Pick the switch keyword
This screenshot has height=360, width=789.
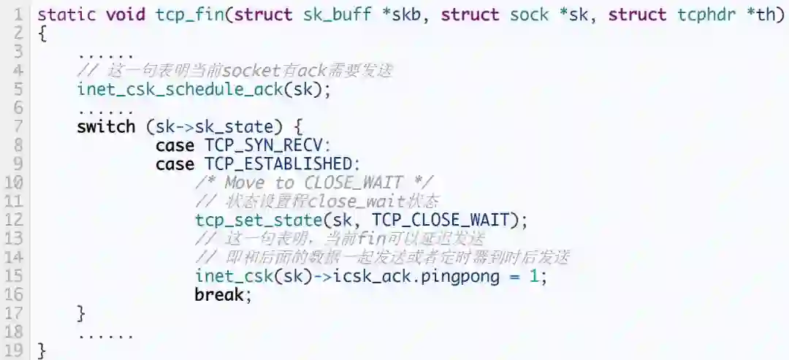tap(106, 126)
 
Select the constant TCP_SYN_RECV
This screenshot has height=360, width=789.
tap(268, 145)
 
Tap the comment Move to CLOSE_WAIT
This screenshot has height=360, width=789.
tap(314, 183)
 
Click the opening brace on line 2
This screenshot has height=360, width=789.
tap(42, 33)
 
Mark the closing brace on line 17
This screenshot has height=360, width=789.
tap(81, 314)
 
